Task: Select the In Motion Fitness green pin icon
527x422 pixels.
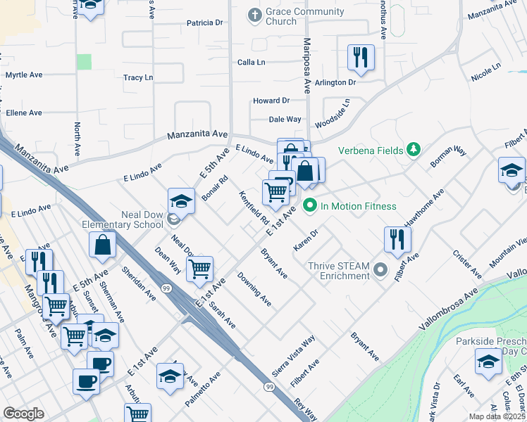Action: pyautogui.click(x=309, y=206)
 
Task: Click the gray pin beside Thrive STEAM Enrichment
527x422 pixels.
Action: pyautogui.click(x=381, y=270)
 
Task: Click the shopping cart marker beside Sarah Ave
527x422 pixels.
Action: pyautogui.click(x=200, y=268)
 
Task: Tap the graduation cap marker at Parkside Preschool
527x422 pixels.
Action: pyautogui.click(x=488, y=362)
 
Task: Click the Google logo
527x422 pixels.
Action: pyautogui.click(x=23, y=414)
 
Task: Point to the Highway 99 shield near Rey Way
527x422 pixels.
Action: pyautogui.click(x=269, y=387)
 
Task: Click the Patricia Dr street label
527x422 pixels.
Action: pyautogui.click(x=204, y=23)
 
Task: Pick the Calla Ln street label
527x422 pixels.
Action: pyautogui.click(x=251, y=63)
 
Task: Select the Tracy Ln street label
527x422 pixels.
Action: pyautogui.click(x=138, y=77)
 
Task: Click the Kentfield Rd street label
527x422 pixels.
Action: pyautogui.click(x=254, y=208)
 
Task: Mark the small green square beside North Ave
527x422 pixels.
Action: pyautogui.click(x=84, y=61)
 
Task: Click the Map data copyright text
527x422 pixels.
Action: pyautogui.click(x=497, y=416)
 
